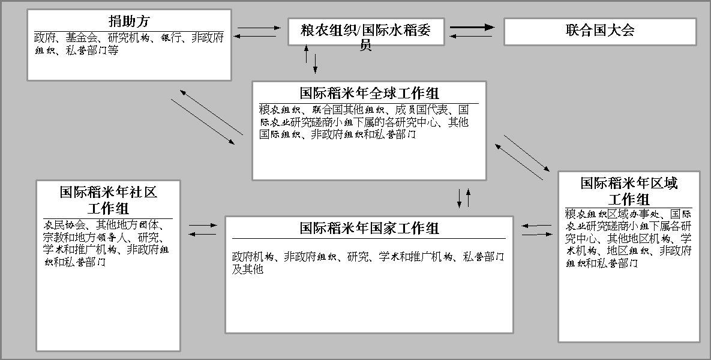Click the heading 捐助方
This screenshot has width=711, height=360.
click(128, 21)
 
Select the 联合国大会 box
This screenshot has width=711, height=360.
click(599, 31)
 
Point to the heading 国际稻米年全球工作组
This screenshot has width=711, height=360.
click(369, 93)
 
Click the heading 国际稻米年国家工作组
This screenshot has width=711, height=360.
click(369, 228)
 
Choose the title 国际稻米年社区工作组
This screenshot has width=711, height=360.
click(108, 200)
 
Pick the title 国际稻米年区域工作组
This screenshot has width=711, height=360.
click(628, 191)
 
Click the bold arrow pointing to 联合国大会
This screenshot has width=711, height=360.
click(473, 27)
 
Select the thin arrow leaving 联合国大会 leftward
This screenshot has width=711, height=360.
click(472, 36)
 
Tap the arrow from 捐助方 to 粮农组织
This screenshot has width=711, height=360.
click(259, 28)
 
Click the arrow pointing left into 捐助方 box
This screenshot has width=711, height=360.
click(254, 37)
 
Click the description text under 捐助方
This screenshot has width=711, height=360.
click(128, 44)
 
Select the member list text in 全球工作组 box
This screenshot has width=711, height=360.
click(364, 122)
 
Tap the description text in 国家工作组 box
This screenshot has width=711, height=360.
click(367, 263)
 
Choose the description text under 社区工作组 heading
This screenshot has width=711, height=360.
click(107, 243)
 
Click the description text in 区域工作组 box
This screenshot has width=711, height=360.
click(628, 238)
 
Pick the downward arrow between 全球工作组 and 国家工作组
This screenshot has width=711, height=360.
click(460, 199)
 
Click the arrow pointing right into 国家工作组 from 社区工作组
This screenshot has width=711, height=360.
click(203, 225)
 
